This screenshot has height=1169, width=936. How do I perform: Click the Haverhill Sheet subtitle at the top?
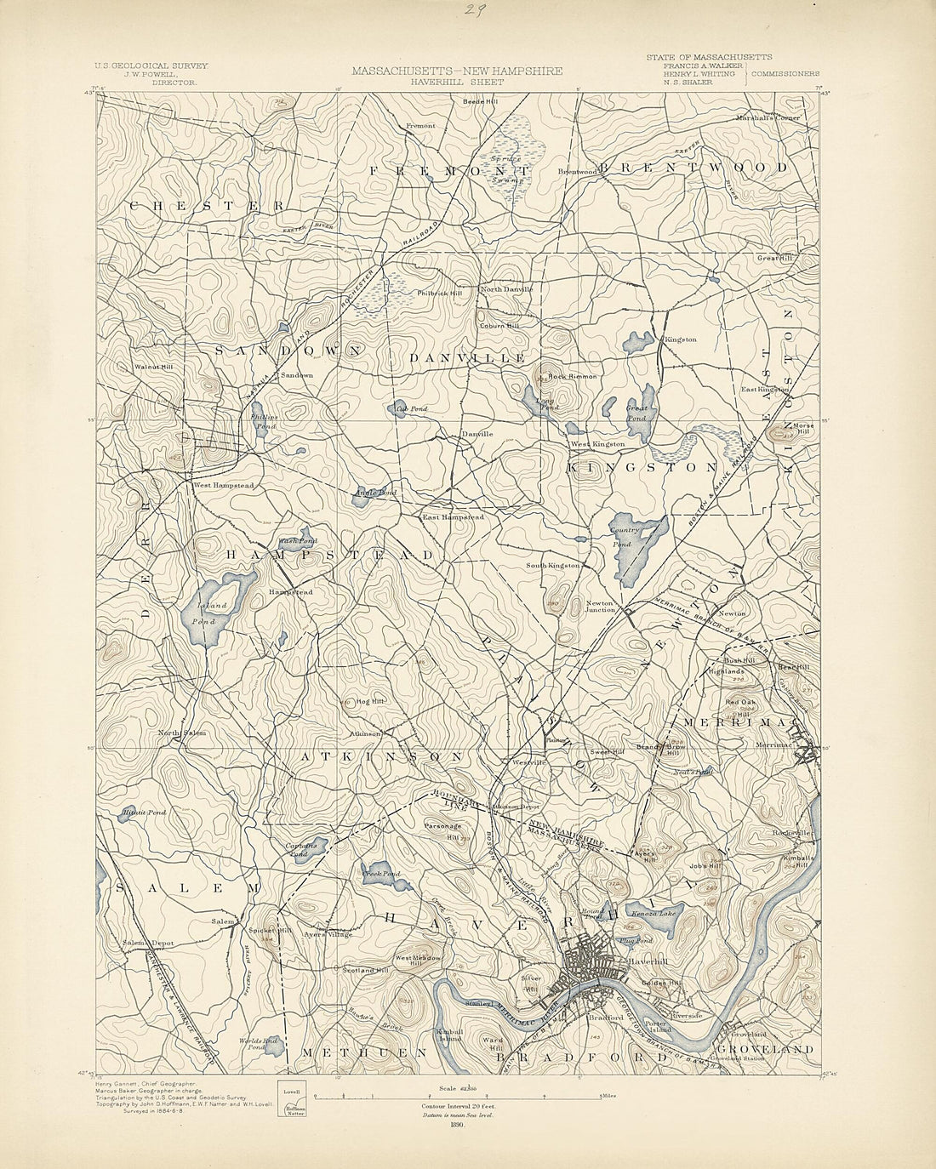(x=456, y=83)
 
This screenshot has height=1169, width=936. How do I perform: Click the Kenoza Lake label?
(x=653, y=914)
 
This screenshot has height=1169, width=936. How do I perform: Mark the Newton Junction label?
(x=600, y=607)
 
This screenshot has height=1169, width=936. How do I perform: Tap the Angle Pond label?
(x=375, y=493)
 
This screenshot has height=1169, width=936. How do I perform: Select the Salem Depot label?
(x=147, y=943)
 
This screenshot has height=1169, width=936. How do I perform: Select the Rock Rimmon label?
(x=571, y=376)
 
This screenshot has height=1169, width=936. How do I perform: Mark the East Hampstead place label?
(x=454, y=516)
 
